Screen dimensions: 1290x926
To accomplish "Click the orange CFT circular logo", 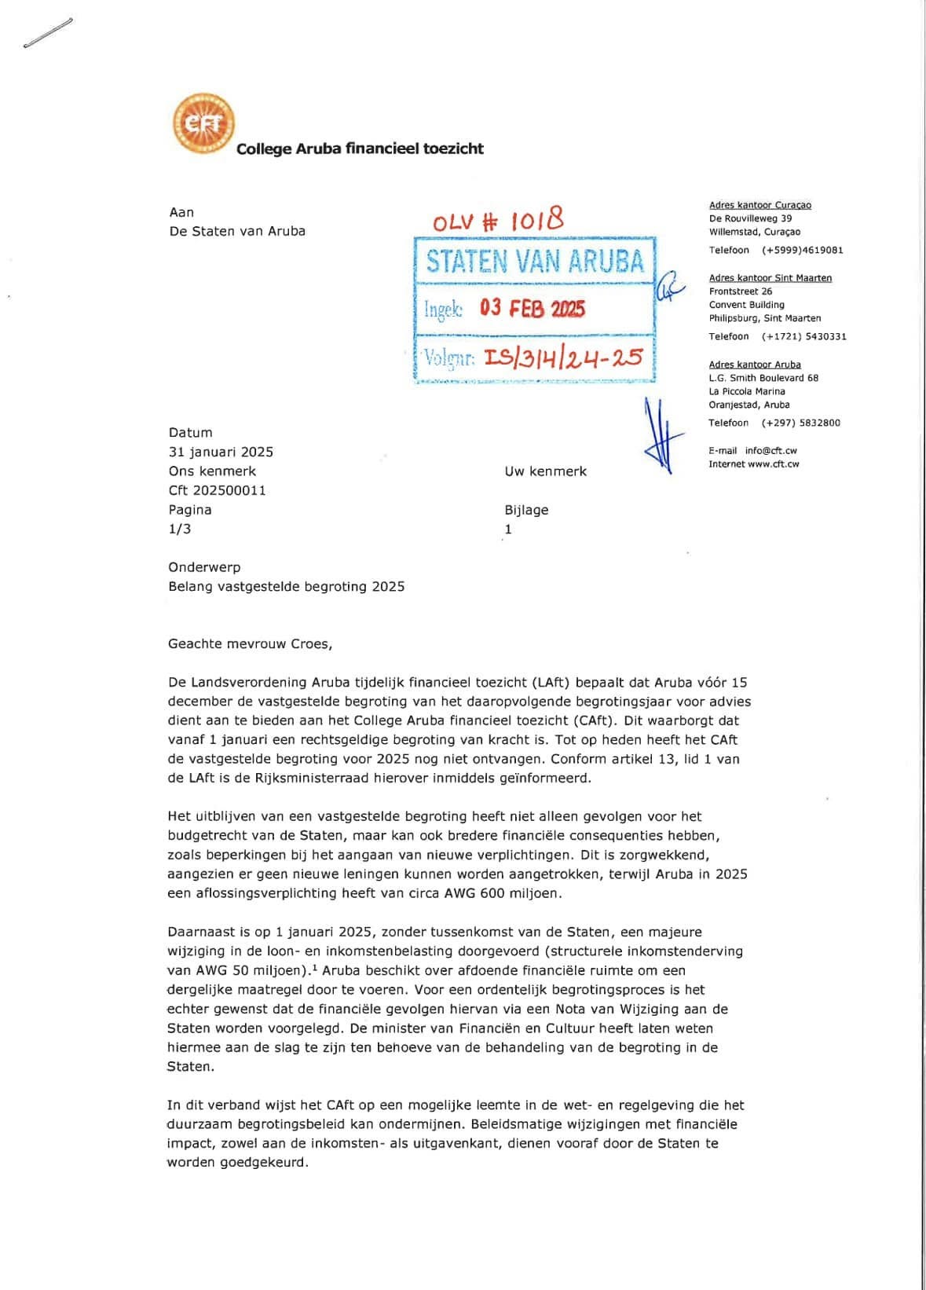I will (x=203, y=124).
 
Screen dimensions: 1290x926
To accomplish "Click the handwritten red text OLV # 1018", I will (x=498, y=220).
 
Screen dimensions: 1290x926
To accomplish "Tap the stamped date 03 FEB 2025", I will (x=533, y=308).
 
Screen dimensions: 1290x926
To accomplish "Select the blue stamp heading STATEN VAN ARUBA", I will (x=535, y=261).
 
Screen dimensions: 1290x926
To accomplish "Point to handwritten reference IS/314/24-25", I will (x=563, y=357).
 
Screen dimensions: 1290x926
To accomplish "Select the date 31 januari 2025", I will (x=221, y=452).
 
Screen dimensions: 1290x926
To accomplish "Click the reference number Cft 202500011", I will (x=217, y=490).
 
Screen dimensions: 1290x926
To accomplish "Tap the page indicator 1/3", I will (x=179, y=529).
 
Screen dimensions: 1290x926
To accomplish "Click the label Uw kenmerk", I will (x=545, y=471).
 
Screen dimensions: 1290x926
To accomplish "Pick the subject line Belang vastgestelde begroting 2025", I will (x=286, y=586).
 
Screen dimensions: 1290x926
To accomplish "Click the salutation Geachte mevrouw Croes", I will (x=250, y=644).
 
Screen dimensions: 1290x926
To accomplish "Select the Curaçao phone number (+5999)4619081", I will (x=802, y=251).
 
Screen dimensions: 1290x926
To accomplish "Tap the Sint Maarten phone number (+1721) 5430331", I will (x=803, y=336).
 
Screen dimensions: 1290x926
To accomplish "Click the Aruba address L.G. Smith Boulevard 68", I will (x=763, y=378).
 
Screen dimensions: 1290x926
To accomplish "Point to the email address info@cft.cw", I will (x=770, y=451).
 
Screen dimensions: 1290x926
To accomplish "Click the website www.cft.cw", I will (x=773, y=464).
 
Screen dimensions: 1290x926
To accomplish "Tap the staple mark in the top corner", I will (x=48, y=33).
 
